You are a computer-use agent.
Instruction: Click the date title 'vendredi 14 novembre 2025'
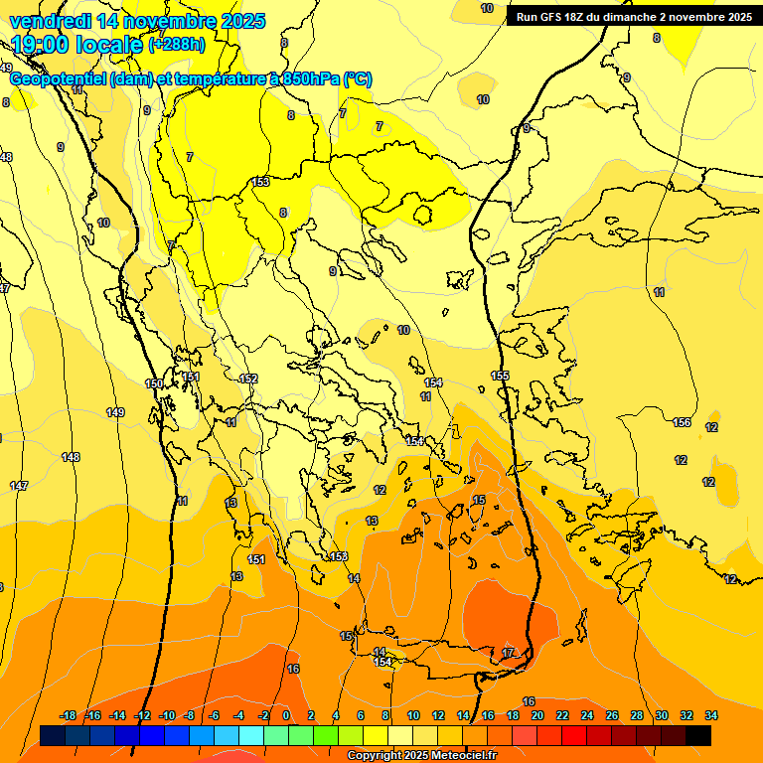(x=137, y=21)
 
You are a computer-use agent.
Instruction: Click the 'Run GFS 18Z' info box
(x=633, y=16)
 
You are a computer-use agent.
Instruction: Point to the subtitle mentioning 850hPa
(x=191, y=79)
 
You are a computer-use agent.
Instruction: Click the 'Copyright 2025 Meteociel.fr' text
(x=422, y=756)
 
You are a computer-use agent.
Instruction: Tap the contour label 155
(x=500, y=376)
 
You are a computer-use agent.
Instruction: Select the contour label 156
(x=682, y=423)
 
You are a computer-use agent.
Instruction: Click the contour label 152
(x=248, y=379)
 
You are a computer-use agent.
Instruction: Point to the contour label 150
(x=154, y=383)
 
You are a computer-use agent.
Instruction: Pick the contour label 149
(x=115, y=412)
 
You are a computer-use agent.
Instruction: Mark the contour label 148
(x=71, y=457)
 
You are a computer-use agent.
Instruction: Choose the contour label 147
(x=19, y=485)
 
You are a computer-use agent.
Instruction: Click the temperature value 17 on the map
(x=508, y=653)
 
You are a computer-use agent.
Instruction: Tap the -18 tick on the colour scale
(x=69, y=715)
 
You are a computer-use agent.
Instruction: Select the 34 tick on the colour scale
(x=710, y=715)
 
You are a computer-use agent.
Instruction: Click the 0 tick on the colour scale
(x=286, y=715)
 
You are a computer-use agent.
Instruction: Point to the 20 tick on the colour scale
(x=536, y=715)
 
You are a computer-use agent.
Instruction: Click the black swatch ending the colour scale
(x=698, y=735)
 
